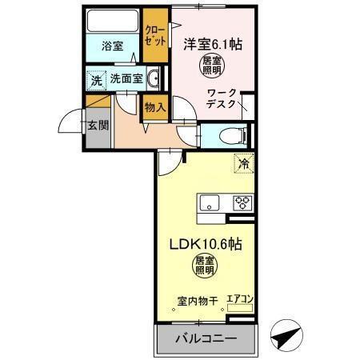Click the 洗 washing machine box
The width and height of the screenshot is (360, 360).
(x=95, y=80)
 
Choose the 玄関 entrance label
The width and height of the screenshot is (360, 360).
(x=97, y=125)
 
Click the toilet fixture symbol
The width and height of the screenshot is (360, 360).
(x=232, y=134)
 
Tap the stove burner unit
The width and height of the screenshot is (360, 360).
(x=241, y=203)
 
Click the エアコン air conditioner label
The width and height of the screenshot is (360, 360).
(x=239, y=300)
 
